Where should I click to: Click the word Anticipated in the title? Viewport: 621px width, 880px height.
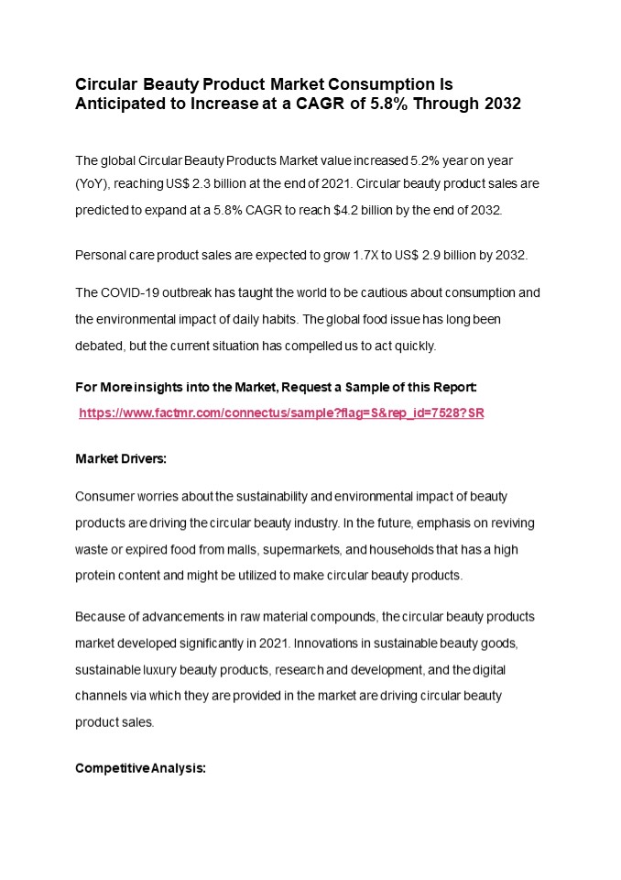click(x=115, y=104)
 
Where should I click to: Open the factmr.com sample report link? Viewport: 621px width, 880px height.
click(x=281, y=413)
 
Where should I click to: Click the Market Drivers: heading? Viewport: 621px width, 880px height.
click(x=121, y=457)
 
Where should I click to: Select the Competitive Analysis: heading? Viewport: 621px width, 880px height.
click(x=140, y=767)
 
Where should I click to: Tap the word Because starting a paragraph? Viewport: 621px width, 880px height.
click(x=100, y=616)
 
